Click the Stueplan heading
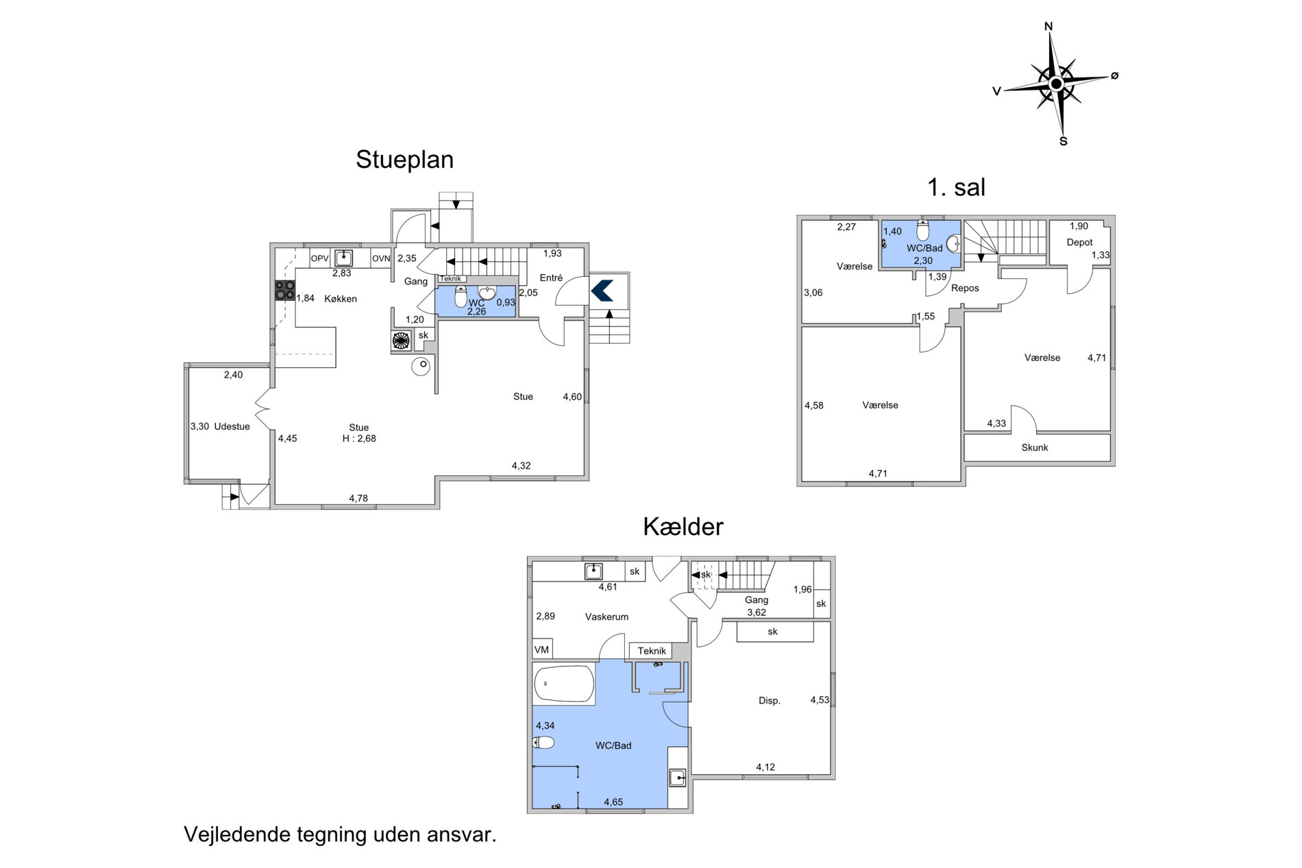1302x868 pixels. (404, 160)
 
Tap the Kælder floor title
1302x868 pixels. (683, 526)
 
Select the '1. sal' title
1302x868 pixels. (956, 187)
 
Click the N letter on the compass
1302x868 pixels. (1048, 27)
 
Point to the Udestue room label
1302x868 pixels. (232, 426)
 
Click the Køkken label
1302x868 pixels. (341, 299)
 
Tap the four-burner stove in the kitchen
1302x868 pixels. (285, 290)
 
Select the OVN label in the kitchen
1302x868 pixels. (381, 258)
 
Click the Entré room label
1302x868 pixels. (551, 277)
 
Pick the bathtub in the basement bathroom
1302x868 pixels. (564, 684)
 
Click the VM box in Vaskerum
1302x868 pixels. (542, 649)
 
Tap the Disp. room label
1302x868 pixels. (770, 701)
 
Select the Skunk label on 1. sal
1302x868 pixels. (1035, 447)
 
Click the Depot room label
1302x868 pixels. (1079, 242)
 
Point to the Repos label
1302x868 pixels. (965, 288)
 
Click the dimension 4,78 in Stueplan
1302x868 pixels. (358, 498)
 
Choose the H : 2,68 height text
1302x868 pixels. (359, 438)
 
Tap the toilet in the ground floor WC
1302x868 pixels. (461, 297)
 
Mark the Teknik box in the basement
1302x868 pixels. (652, 651)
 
